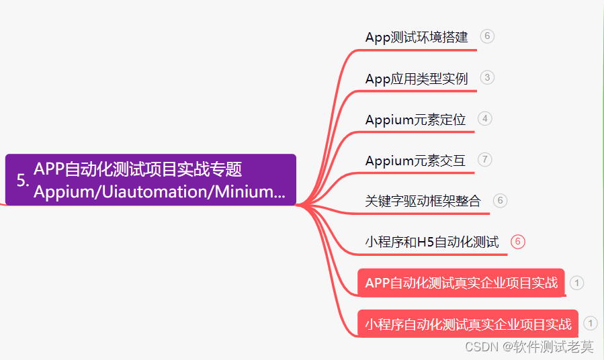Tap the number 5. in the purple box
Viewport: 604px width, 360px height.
click(23, 181)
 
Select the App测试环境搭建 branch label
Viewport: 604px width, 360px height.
click(417, 37)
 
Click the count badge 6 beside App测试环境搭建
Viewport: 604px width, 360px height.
click(488, 36)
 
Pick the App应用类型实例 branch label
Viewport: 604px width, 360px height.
click(417, 79)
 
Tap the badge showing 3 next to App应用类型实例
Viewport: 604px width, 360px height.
click(488, 77)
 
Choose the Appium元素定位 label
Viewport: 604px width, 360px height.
click(415, 120)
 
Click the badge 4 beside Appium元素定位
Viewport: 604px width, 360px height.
click(485, 119)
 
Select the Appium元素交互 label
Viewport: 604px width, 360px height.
click(415, 161)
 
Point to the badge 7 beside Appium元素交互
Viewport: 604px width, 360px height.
click(485, 160)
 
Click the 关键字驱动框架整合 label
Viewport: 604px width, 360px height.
click(423, 201)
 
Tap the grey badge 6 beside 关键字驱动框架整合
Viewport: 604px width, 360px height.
click(500, 200)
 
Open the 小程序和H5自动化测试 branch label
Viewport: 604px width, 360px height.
click(432, 242)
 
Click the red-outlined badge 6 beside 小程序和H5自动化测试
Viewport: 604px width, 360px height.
click(517, 242)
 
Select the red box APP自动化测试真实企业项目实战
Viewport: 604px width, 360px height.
click(462, 283)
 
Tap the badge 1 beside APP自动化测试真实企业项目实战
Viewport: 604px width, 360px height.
click(576, 283)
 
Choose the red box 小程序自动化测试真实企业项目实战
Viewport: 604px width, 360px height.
click(468, 324)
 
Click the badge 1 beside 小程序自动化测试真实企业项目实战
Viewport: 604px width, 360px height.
click(590, 324)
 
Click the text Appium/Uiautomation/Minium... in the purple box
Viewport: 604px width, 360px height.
click(159, 192)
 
